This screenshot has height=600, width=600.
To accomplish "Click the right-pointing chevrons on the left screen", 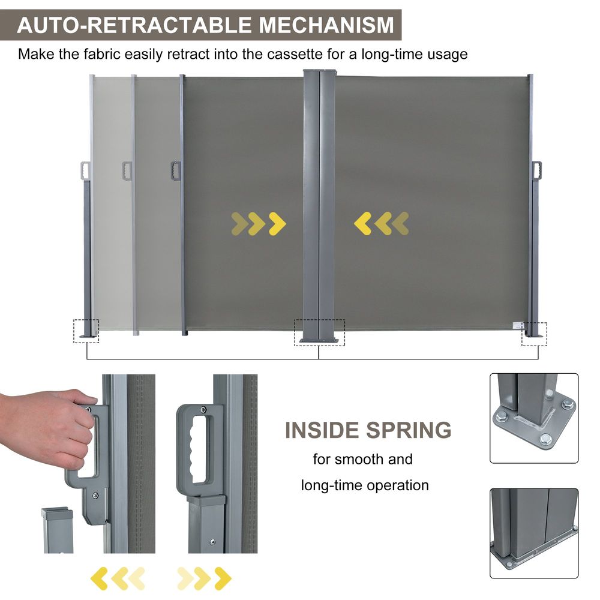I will [259, 223].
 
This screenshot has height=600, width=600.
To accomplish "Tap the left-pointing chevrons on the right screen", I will [382, 223].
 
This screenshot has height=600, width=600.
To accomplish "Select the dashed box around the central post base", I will [319, 332].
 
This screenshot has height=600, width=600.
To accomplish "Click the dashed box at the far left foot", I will [86, 331].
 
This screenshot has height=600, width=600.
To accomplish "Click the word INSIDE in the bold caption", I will [322, 430].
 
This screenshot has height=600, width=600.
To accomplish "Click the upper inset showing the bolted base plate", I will [534, 418].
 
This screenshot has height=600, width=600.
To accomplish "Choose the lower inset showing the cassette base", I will [534, 533].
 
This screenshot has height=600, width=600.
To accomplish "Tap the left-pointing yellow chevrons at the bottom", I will [118, 578].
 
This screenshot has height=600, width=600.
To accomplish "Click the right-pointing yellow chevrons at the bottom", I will [204, 578].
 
